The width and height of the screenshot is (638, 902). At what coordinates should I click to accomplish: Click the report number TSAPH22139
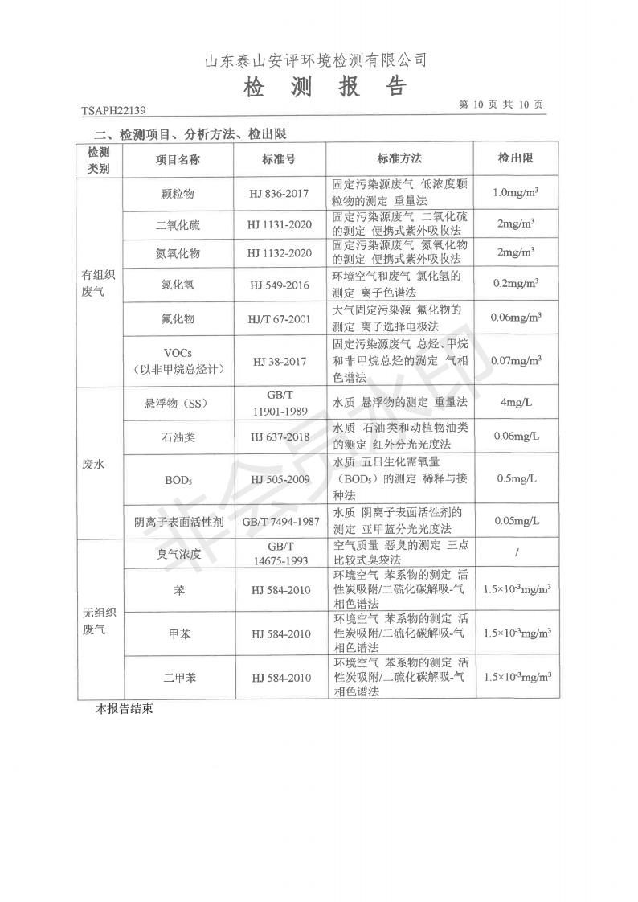pos(113,111)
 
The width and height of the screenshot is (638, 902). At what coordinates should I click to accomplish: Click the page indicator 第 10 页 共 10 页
pos(501,105)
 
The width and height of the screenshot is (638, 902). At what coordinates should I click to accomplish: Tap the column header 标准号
pos(279,159)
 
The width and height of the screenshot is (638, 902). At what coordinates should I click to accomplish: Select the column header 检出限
pos(515,158)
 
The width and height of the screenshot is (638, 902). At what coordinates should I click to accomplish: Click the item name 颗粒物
pos(178,194)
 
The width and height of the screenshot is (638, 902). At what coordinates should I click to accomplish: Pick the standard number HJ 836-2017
pos(279,194)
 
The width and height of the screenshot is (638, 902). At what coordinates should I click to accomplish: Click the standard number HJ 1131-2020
pos(279,225)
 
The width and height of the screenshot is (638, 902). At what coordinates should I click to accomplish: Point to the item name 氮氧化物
pos(178,254)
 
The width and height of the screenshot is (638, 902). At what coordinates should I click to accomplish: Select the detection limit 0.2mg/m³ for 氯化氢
pos(515,284)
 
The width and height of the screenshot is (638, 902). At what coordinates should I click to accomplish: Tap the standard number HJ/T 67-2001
pos(279,318)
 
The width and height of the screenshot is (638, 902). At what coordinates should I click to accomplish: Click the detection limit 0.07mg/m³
pos(515,361)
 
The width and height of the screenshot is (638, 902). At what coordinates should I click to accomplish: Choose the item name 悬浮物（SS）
pos(178,403)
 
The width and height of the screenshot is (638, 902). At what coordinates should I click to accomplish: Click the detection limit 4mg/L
pos(515,402)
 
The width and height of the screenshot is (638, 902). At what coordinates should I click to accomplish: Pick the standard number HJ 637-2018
pos(279,437)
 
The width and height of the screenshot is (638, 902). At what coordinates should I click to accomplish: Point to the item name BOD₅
pos(178,479)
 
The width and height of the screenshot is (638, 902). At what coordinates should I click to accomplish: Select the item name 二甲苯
pos(178,678)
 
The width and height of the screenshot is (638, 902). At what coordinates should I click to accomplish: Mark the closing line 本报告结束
pos(125,710)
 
